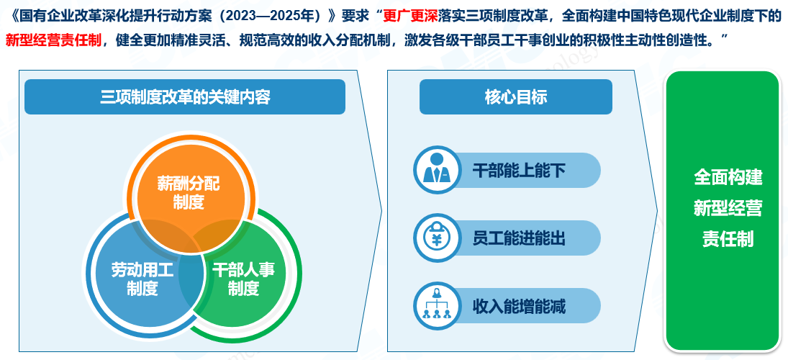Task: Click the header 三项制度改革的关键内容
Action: tap(185, 97)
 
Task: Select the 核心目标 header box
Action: tap(515, 97)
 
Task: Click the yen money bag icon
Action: tap(436, 238)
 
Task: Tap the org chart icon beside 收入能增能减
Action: tap(436, 305)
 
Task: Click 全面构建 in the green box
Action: tap(728, 177)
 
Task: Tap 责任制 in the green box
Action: tap(728, 238)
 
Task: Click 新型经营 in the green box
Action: tap(728, 207)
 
